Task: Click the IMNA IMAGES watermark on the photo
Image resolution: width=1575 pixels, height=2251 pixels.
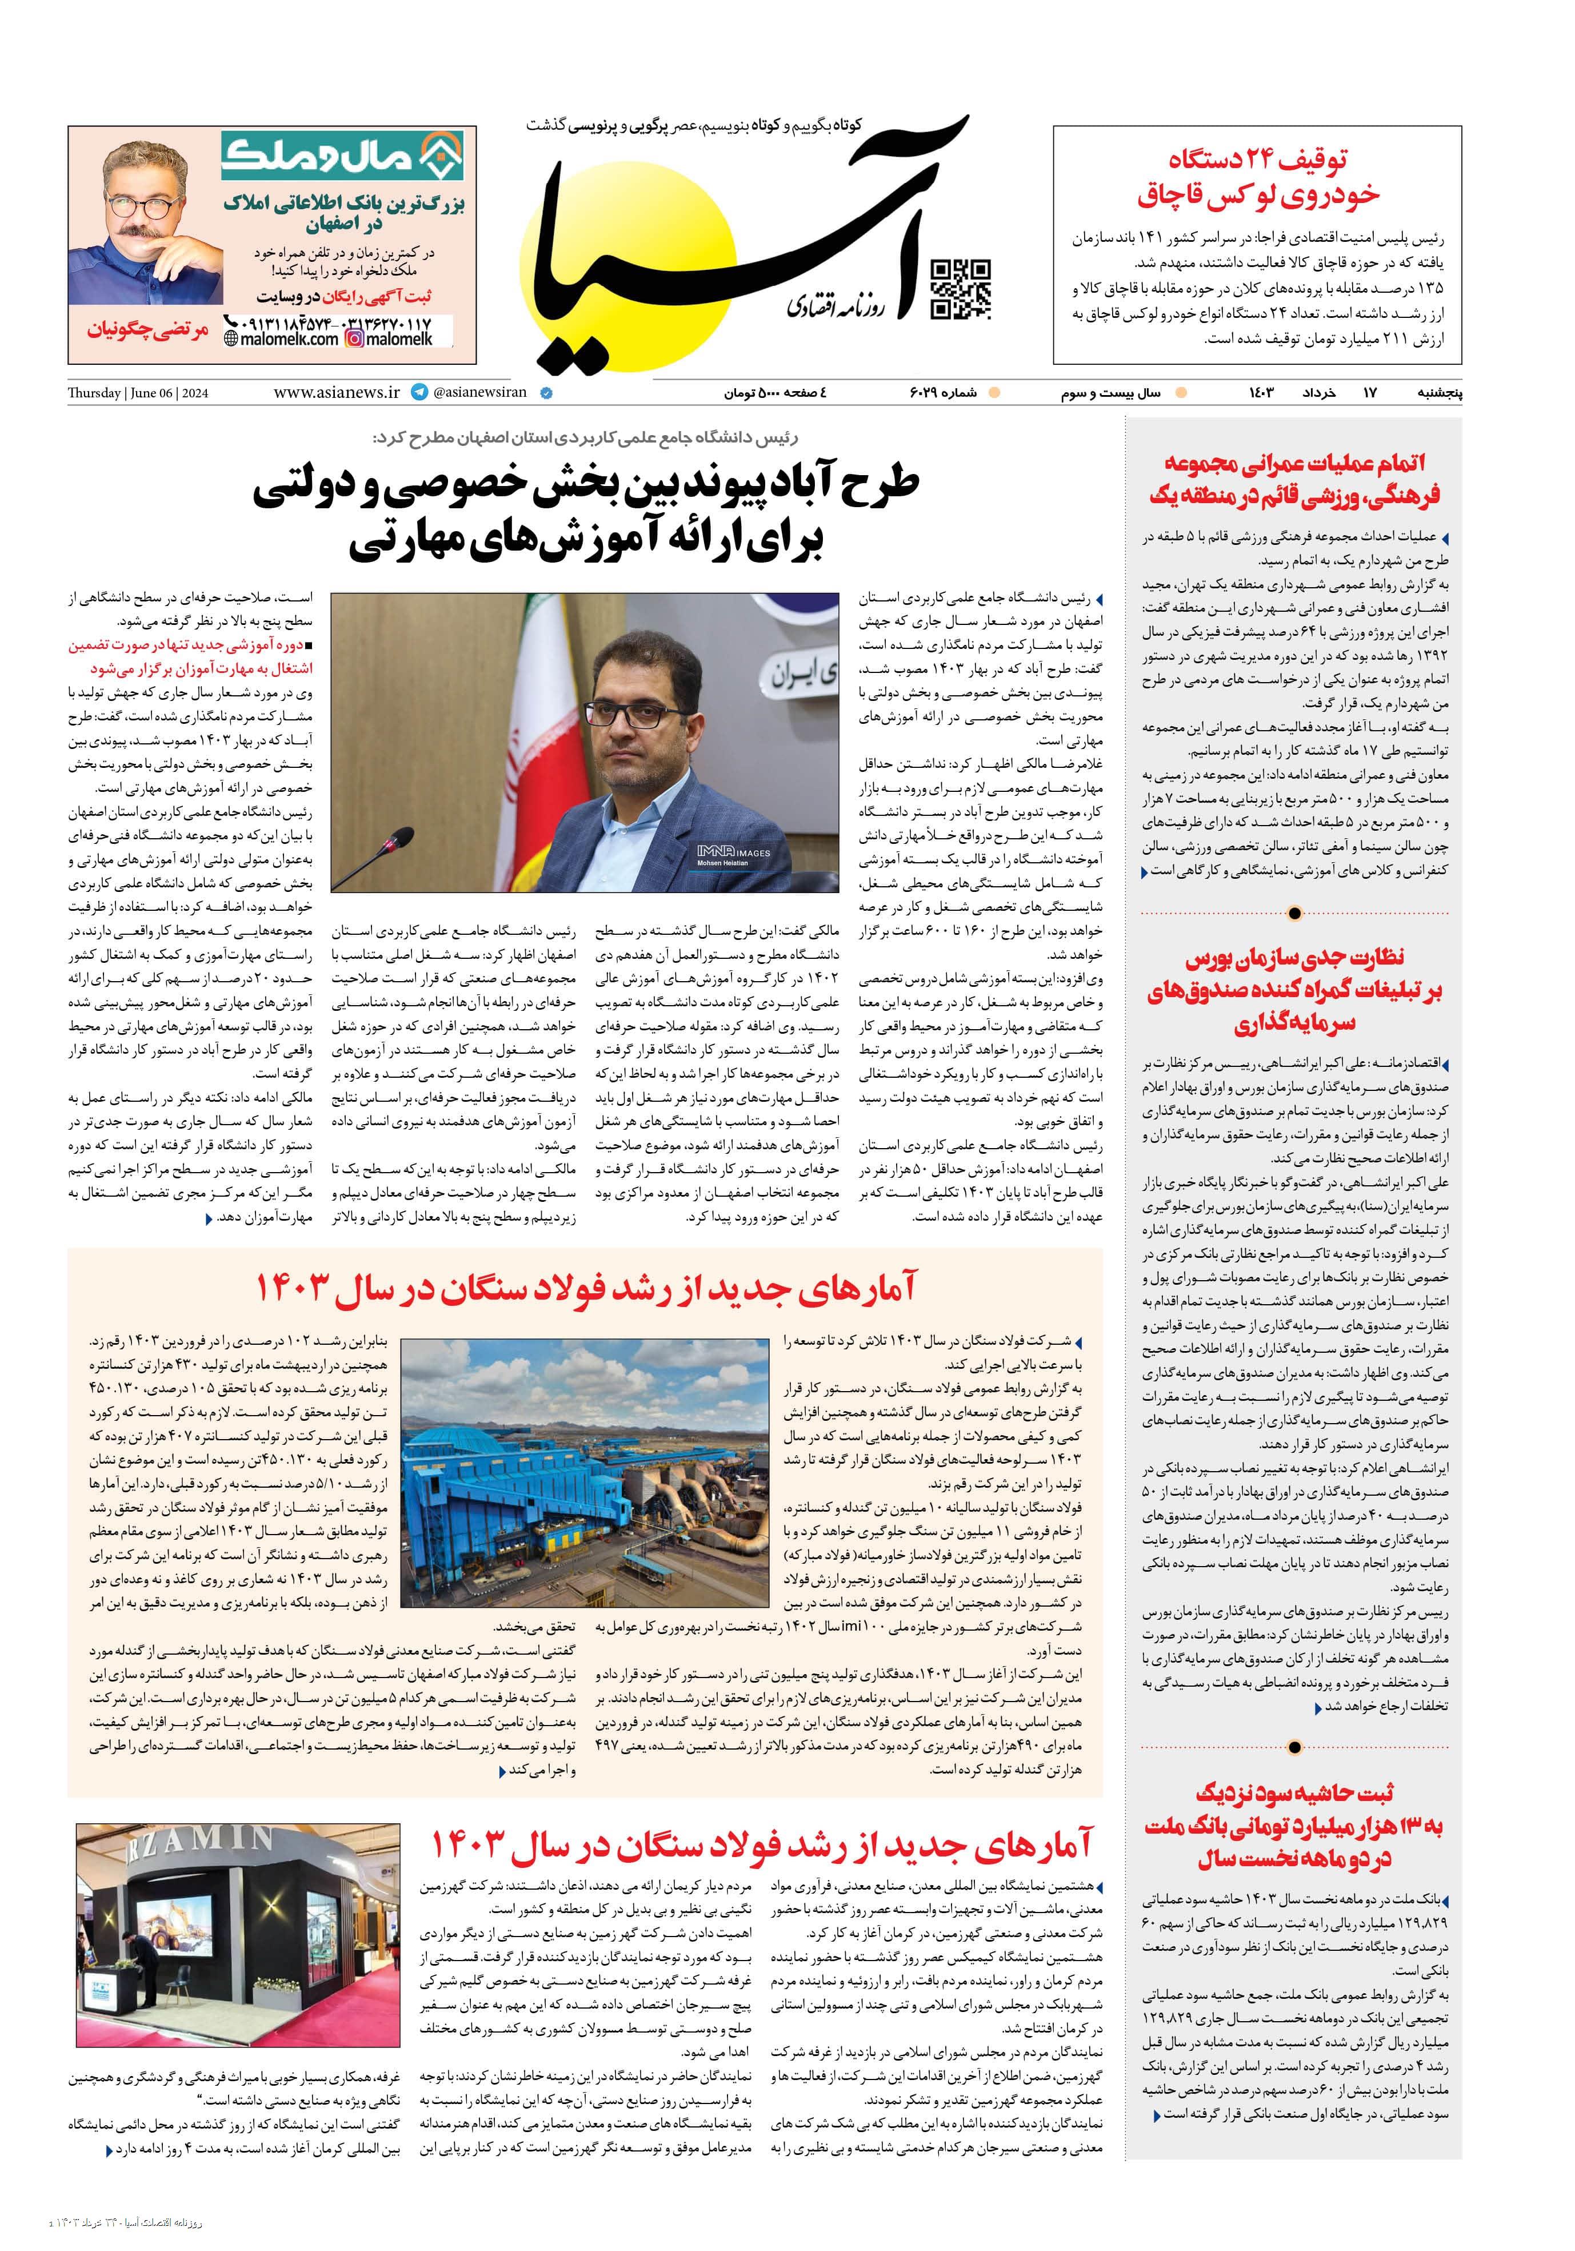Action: coord(733,856)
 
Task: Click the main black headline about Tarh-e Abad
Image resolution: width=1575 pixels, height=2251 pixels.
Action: coord(586,515)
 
